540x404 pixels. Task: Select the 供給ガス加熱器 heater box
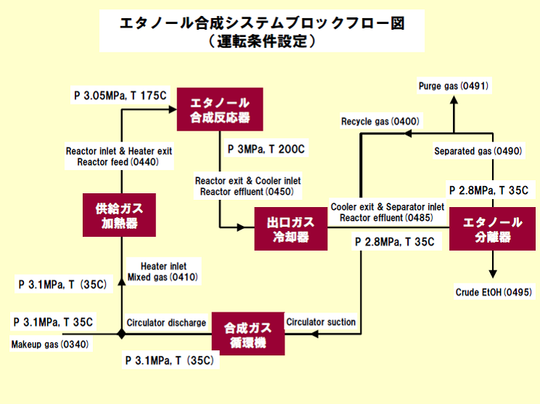tap(120, 215)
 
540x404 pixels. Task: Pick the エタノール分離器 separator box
tap(493, 229)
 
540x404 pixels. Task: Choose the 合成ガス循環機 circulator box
tap(248, 334)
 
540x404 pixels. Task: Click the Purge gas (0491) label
tap(454, 86)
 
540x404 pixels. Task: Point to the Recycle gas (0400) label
tap(380, 121)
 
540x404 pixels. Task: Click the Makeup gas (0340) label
tap(50, 344)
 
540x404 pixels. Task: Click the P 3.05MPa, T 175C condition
tap(120, 94)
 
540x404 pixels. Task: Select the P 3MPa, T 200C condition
tap(266, 150)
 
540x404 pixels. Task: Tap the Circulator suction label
tap(321, 322)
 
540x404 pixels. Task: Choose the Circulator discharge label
tap(166, 322)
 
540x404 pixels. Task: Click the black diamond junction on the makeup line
tap(121, 334)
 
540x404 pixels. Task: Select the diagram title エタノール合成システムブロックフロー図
tap(262, 23)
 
